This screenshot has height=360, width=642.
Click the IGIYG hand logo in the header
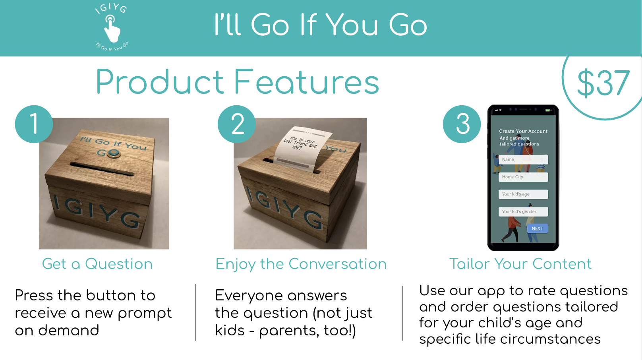tap(112, 28)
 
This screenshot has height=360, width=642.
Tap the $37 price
tap(603, 83)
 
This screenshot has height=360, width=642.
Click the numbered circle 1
tap(34, 124)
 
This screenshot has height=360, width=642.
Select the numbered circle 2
tap(237, 124)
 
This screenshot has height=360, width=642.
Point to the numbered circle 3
tap(462, 124)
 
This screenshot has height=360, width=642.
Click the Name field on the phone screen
tap(523, 160)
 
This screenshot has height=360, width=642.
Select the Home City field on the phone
tap(523, 177)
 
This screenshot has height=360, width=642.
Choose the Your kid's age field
tap(523, 194)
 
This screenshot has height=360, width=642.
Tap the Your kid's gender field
tap(523, 212)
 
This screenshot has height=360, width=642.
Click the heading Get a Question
tap(97, 264)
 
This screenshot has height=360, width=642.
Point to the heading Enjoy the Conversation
tap(301, 264)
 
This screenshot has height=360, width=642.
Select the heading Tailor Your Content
tap(520, 264)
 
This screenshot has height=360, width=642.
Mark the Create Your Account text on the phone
tap(523, 131)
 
